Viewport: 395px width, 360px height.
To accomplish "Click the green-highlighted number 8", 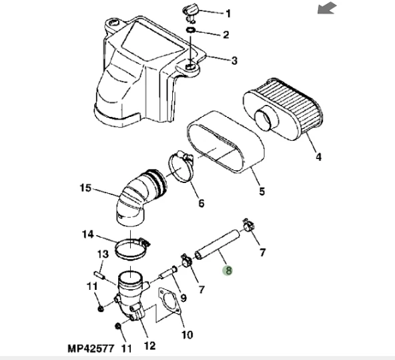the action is (x=228, y=271).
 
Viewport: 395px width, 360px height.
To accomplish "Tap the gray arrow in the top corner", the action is (x=327, y=8).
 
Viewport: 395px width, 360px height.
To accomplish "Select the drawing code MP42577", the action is (x=91, y=349).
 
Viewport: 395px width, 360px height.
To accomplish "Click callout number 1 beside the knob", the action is (x=228, y=13).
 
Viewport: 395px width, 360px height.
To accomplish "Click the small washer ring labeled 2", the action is (x=191, y=30).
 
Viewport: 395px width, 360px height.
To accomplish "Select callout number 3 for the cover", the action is (x=234, y=61).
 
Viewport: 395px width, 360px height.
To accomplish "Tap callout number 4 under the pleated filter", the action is (x=319, y=157).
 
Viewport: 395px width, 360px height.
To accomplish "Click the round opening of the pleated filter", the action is (x=266, y=118).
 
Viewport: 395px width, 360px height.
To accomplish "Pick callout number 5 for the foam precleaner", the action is (x=262, y=191).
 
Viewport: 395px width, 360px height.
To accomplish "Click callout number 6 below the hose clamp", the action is (x=201, y=203).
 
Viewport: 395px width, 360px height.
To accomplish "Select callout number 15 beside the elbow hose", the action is (x=85, y=188).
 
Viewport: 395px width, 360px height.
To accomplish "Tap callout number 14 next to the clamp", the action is (x=88, y=234).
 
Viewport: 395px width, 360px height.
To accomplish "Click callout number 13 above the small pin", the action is (x=103, y=254).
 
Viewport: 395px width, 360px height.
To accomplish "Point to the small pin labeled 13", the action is (x=99, y=275).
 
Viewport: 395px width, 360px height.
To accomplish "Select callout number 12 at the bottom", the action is (x=149, y=346).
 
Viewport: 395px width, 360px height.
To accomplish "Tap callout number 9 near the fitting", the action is (x=183, y=299).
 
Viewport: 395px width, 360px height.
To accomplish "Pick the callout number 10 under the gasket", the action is (x=187, y=335).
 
